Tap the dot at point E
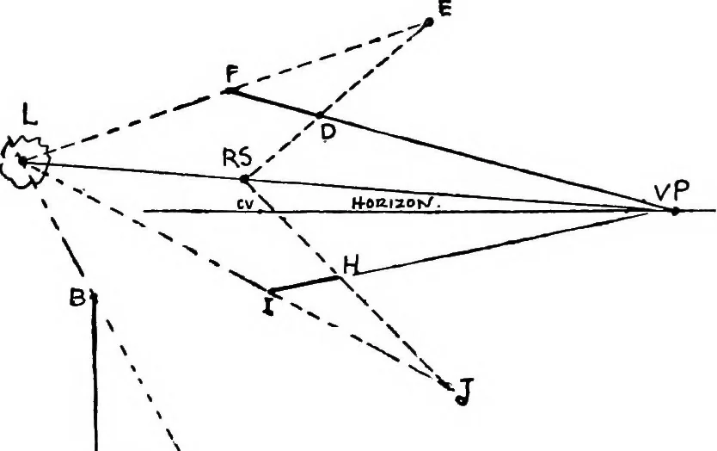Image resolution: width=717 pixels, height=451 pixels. tap(429, 22)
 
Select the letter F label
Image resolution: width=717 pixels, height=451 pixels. tap(232, 74)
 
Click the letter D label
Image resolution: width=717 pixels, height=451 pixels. tap(328, 133)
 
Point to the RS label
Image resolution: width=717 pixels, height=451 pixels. tap(237, 158)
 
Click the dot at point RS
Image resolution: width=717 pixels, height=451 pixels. tap(245, 179)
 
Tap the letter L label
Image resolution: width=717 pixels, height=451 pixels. tap(29, 115)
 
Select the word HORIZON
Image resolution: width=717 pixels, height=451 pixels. tap(396, 203)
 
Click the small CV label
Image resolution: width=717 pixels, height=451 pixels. tap(245, 205)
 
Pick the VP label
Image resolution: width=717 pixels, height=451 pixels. tap(671, 191)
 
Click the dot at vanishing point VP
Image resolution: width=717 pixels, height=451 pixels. tap(675, 211)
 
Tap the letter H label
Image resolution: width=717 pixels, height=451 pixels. tap(351, 265)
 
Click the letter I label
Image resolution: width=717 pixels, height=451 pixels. tap(268, 306)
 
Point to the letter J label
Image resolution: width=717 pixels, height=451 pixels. tap(464, 392)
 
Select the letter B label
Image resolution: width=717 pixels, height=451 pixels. tap(77, 298)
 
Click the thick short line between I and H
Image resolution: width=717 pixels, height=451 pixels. tap(305, 283)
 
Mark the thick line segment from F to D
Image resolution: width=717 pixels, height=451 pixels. tap(274, 103)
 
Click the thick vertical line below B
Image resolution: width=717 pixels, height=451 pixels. tap(95, 374)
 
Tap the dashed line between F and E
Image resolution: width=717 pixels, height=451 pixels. tap(329, 56)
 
